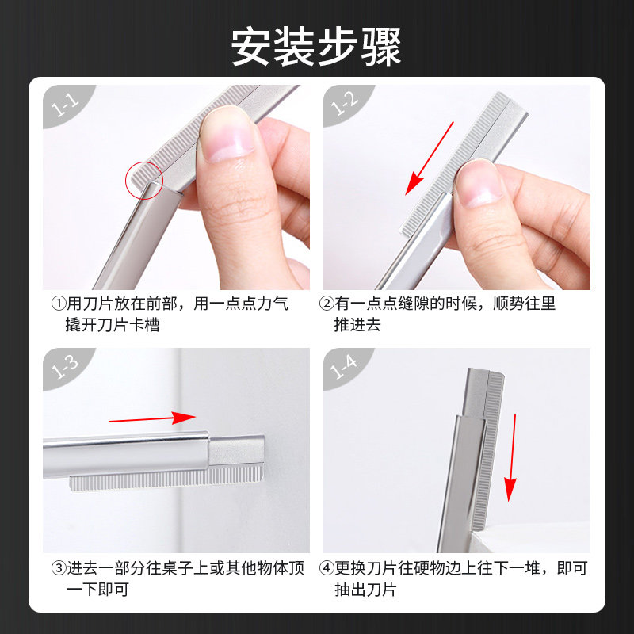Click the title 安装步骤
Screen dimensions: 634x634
point(316,47)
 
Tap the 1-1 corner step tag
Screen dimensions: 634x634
point(63,104)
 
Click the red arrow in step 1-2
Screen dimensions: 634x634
point(430,158)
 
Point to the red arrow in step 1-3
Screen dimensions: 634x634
point(151,418)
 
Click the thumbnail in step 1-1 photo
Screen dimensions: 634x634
point(226,134)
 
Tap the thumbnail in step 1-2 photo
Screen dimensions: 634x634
point(480,181)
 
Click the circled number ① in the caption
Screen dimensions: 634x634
point(58,304)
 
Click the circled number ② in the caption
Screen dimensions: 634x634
point(326,304)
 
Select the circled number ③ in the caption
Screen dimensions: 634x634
point(58,568)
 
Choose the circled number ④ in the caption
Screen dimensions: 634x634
point(326,568)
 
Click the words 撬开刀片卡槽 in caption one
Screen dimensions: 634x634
point(113,325)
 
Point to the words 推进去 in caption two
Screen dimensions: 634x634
point(357,325)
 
